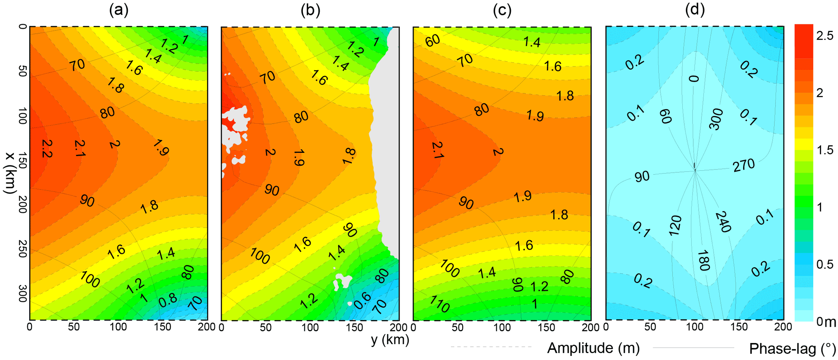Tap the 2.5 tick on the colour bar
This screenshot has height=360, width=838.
coord(824,36)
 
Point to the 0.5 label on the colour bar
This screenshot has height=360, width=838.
coord(824,264)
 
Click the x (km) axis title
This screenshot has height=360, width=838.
coord(11,173)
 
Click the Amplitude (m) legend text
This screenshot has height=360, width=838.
coord(593,348)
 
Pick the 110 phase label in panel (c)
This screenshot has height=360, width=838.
coord(439,304)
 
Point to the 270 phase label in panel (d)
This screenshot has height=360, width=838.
coord(744,165)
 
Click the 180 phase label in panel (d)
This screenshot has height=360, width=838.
coord(703,261)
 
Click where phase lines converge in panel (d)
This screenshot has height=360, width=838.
coord(695,170)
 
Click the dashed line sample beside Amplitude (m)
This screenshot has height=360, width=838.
coord(491,347)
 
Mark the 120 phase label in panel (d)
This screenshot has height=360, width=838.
coord(675,225)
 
